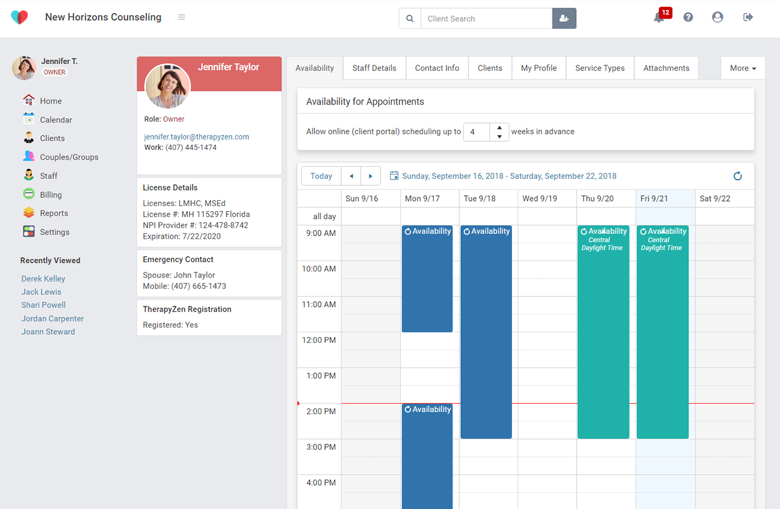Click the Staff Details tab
pos(374,68)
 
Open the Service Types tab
pos(599,68)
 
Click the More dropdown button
pos(743,68)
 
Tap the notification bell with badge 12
pos(659,17)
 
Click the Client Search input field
pos(486,19)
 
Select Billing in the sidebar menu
pos(50,195)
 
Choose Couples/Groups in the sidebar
pos(68,157)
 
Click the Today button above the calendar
pos(321,176)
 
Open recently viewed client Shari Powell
pos(43,305)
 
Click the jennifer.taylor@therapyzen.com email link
pos(196,137)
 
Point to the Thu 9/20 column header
pos(597,199)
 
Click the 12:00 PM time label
pos(318,340)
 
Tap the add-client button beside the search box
pos(564,19)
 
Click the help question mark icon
pos(688,17)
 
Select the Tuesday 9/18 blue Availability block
pos(486,330)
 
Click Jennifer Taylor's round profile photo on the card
pos(168,86)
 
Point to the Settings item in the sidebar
pos(54,232)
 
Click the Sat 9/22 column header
pos(715,199)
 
